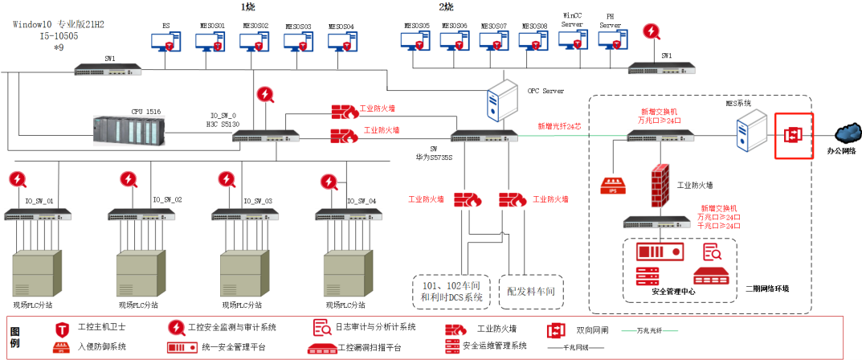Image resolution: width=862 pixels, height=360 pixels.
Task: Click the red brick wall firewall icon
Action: [x=660, y=184]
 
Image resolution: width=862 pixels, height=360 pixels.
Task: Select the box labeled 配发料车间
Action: [x=531, y=289]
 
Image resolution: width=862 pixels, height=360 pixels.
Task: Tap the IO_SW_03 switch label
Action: [x=258, y=201]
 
